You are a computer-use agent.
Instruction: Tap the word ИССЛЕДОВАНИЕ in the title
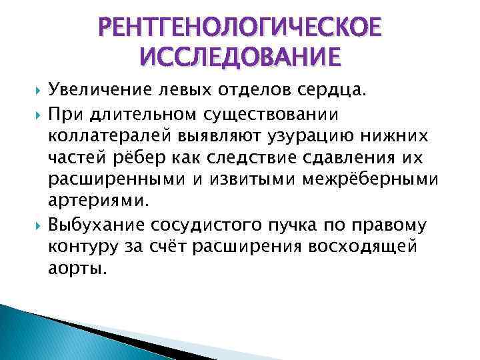tap(240, 57)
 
